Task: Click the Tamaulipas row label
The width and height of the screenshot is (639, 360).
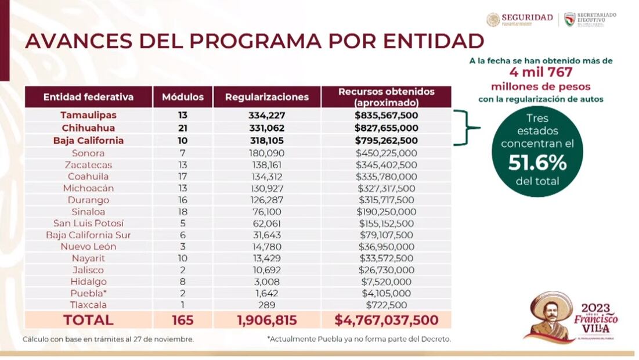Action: click(x=88, y=116)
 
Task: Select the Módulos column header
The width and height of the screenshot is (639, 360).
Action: click(x=183, y=97)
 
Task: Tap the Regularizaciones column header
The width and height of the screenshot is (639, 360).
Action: click(x=267, y=97)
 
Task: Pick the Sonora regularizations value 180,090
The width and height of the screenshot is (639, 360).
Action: click(x=267, y=153)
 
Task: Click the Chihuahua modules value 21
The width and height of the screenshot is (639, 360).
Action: click(x=183, y=128)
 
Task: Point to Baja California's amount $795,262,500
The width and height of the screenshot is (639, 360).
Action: click(x=386, y=141)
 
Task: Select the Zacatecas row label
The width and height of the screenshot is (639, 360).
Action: click(x=88, y=165)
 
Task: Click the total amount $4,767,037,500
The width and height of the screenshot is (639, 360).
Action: click(x=386, y=320)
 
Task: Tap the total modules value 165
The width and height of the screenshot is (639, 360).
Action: click(x=183, y=320)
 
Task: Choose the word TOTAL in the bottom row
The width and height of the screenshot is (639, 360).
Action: click(x=88, y=320)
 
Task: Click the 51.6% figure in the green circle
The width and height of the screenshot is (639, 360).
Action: click(x=537, y=163)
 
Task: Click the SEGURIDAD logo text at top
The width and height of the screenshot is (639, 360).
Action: click(x=526, y=17)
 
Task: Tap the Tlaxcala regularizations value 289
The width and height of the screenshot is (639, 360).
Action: click(x=267, y=305)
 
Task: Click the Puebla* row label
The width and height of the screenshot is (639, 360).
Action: click(x=88, y=293)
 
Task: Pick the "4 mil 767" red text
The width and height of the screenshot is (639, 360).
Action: click(x=540, y=73)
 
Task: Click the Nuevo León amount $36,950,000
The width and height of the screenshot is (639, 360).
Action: click(x=386, y=247)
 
